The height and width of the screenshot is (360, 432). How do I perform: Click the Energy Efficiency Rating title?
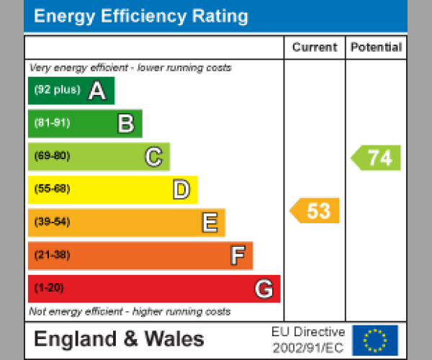[141, 17]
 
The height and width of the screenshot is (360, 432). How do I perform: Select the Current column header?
[314, 48]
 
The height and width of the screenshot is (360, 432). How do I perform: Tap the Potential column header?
[376, 48]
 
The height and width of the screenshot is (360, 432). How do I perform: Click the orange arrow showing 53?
[315, 211]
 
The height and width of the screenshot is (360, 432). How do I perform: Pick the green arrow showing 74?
[377, 158]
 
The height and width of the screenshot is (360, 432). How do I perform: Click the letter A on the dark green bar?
[97, 91]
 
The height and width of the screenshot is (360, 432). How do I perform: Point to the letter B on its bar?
[125, 124]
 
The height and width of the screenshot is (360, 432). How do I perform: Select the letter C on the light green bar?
[153, 157]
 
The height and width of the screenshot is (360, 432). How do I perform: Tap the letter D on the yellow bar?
[181, 190]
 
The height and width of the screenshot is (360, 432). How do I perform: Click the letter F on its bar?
[237, 256]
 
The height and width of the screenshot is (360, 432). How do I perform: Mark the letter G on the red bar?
[264, 289]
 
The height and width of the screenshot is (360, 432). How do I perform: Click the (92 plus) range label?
[57, 90]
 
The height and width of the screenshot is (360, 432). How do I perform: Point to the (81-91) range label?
[52, 123]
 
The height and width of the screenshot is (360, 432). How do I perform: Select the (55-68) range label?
[52, 189]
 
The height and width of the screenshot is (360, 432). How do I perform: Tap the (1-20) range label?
[49, 289]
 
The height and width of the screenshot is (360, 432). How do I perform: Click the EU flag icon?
[374, 339]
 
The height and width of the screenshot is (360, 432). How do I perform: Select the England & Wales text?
[119, 339]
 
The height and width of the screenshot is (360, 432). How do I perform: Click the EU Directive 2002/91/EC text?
[308, 339]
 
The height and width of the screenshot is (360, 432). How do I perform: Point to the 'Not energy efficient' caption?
[130, 312]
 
